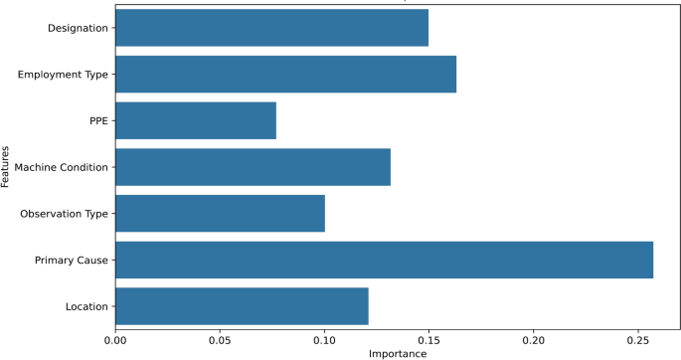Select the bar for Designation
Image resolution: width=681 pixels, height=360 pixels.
[271, 27]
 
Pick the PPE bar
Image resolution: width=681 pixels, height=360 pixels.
[196, 120]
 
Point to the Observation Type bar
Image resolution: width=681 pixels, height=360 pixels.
[220, 213]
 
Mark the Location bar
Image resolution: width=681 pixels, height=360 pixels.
[242, 306]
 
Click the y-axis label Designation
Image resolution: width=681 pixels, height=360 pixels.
[78, 28]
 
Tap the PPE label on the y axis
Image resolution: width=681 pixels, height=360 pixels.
[97, 120]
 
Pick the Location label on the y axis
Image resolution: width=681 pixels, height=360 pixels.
[85, 306]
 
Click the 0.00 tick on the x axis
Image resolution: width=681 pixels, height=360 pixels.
[115, 340]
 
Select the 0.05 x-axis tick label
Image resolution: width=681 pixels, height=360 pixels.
[220, 340]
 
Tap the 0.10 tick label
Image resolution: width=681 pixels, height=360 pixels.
[324, 340]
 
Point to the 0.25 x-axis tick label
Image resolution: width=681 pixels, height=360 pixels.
[638, 340]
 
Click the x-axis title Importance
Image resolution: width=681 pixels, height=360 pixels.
[398, 353]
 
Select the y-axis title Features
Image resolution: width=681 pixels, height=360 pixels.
[7, 167]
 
